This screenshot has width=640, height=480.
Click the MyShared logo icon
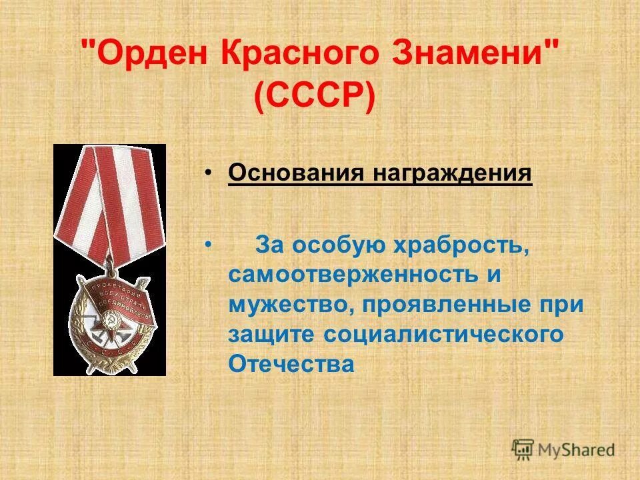(x=523, y=449)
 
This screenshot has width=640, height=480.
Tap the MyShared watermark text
(x=577, y=450)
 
